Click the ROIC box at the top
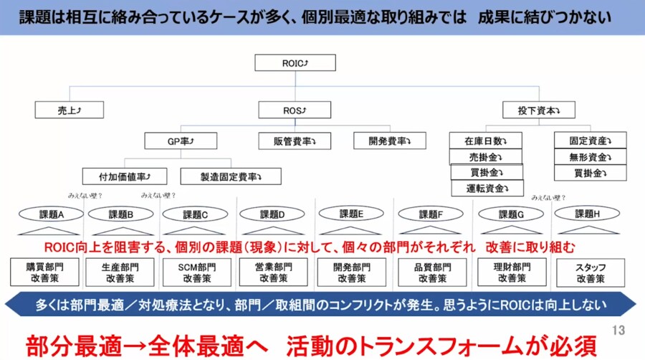coord(295,63)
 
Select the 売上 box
coord(68,110)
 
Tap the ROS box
coord(295,110)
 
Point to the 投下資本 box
coord(538,110)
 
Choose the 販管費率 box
coord(295,141)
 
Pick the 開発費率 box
coord(389,141)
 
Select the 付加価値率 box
coord(125,176)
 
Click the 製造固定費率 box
coord(231,176)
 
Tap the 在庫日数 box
coord(486,141)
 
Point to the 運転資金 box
coord(486,189)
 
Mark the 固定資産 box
coord(590,141)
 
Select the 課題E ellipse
coord(351,214)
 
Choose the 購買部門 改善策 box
coord(43,273)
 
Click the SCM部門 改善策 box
coord(197,273)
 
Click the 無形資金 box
coord(590,157)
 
